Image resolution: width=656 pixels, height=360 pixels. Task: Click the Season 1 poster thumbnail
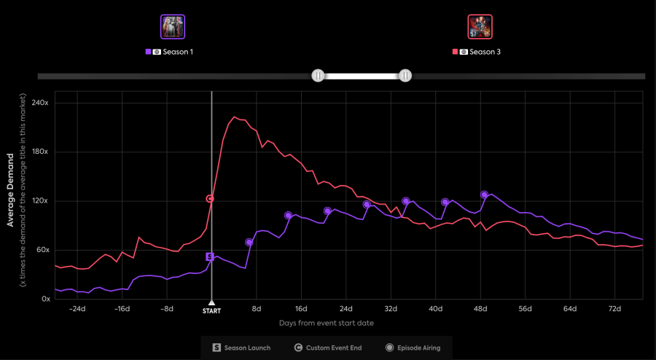coord(173,27)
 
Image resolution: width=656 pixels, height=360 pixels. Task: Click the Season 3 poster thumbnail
coord(480,27)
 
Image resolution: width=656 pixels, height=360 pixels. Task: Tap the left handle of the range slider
coord(318,75)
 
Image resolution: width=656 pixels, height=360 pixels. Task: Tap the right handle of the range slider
coord(405,75)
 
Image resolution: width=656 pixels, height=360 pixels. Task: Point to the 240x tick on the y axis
coord(39,103)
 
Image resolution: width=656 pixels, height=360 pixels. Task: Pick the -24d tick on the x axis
coord(77,308)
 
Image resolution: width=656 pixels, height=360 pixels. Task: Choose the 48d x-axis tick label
coord(480,308)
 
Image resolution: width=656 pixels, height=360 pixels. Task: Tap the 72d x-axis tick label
coord(614,308)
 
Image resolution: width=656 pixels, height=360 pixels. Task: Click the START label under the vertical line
coord(211,310)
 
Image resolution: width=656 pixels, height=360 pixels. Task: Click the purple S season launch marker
coord(210,257)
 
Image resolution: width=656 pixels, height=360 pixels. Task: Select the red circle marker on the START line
coord(210,198)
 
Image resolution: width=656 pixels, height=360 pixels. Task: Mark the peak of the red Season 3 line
coord(235,117)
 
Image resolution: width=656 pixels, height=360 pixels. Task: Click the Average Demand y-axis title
coord(11,189)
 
